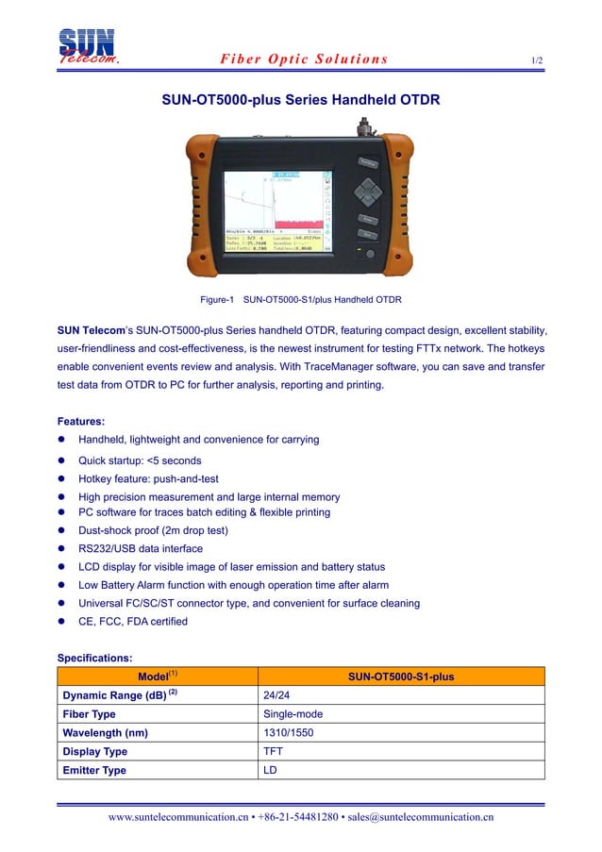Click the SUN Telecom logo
coord(87,47)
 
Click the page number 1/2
coord(536,60)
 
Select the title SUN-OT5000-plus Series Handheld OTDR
coord(301,98)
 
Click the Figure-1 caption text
coord(301,300)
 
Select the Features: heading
coord(81,421)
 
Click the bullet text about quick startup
coord(140,461)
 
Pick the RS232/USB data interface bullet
coord(141,548)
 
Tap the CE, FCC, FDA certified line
coord(133,622)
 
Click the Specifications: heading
coord(94,658)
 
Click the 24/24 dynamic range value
coord(276,696)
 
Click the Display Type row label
coord(94,752)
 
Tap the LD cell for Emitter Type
coord(270,771)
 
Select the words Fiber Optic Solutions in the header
coord(304,59)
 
